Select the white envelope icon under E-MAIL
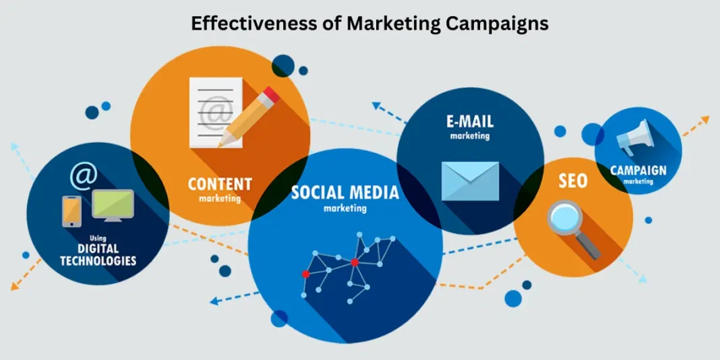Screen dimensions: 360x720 pyautogui.click(x=470, y=181)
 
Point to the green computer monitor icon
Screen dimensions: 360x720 pyautogui.click(x=113, y=205)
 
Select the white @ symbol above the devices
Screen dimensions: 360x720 pyautogui.click(x=84, y=176)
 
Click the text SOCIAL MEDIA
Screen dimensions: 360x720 pyautogui.click(x=344, y=193)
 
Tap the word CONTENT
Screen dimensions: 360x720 pyautogui.click(x=220, y=184)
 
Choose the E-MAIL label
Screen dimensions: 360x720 pyautogui.click(x=470, y=121)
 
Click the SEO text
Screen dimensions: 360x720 pyautogui.click(x=572, y=181)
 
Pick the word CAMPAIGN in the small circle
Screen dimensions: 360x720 pyautogui.click(x=638, y=171)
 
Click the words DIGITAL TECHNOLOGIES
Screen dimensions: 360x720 pyautogui.click(x=98, y=255)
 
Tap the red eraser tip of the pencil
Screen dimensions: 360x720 pyautogui.click(x=271, y=95)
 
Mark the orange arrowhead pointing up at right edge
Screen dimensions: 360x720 pyautogui.click(x=704, y=120)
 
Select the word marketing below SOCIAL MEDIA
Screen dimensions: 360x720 pyautogui.click(x=344, y=208)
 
